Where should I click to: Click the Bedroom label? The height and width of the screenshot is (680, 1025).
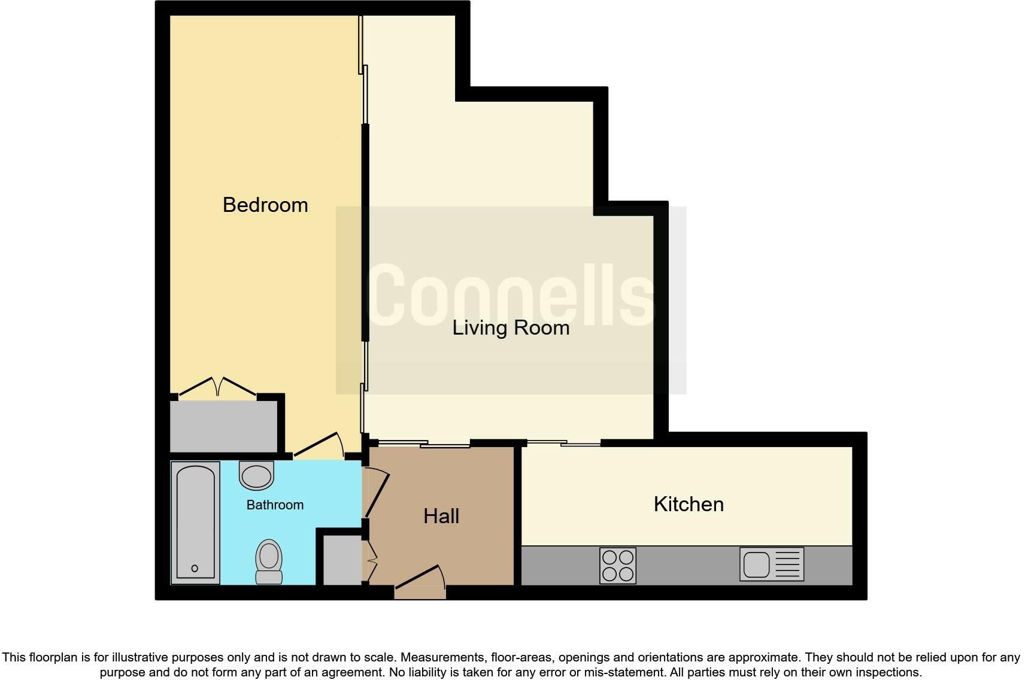[265, 205]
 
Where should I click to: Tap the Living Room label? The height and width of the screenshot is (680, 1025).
[511, 327]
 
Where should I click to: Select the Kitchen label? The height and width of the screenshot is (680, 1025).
[689, 504]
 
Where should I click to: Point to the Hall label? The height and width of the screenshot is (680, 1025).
[441, 516]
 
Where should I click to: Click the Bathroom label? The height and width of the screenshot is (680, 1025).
[275, 505]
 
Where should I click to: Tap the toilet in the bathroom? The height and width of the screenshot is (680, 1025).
[269, 561]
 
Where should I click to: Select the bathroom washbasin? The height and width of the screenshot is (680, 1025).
[256, 475]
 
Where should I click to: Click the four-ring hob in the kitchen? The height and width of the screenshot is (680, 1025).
[618, 566]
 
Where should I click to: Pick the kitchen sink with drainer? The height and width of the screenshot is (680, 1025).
[772, 564]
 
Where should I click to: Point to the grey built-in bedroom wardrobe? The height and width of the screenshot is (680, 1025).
[224, 426]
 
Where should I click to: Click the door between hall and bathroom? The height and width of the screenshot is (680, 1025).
[376, 492]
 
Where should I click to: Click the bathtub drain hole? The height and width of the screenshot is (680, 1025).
[195, 569]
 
